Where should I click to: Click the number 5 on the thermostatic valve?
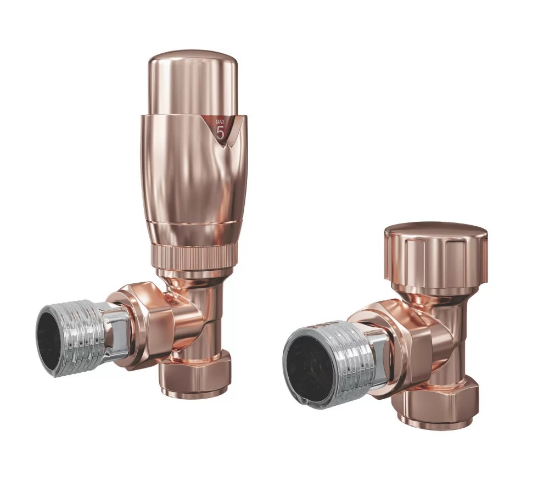220,133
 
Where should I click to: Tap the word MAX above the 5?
220,122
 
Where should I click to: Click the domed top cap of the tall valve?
193,82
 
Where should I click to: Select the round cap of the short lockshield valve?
436,258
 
